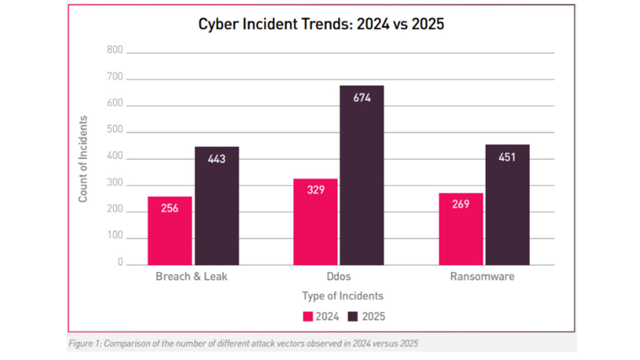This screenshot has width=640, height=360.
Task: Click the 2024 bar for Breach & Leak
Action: coord(169,231)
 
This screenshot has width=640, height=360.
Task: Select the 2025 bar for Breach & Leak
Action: coord(216,206)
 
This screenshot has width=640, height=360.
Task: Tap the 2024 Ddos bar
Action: coord(315,222)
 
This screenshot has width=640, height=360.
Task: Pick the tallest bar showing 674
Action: coord(361,175)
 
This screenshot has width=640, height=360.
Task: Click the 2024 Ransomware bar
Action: coord(461,229)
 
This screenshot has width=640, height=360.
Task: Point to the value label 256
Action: coord(169,208)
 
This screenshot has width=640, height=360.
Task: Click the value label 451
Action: coord(507,157)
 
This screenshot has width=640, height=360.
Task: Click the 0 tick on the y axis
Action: coord(120,264)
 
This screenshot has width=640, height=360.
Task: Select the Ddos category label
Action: coord(338,276)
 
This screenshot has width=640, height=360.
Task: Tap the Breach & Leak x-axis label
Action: coord(192,276)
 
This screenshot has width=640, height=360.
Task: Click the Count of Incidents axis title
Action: coord(83,159)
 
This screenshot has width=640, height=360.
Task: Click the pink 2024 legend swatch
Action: coord(308,316)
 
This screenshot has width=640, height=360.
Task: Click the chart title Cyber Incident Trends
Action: coord(321,24)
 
